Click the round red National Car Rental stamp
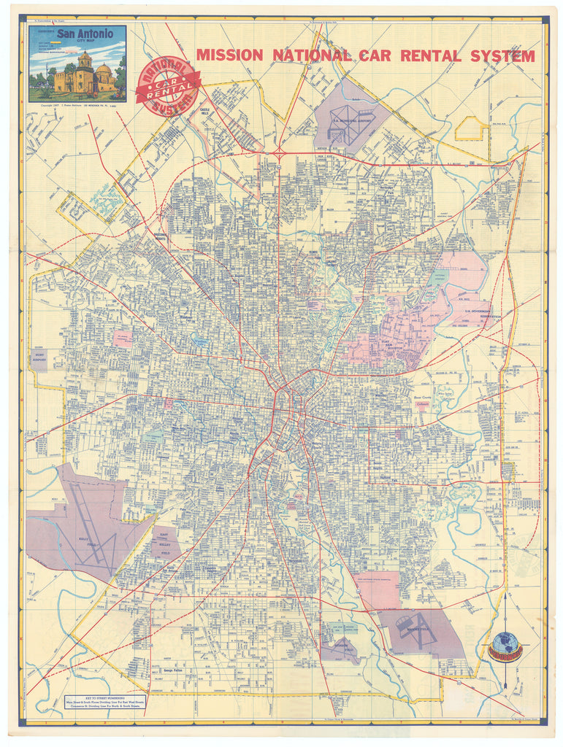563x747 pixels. pos(167,87)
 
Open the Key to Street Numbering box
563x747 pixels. pos(104,705)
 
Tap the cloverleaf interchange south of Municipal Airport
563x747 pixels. pos(280,152)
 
